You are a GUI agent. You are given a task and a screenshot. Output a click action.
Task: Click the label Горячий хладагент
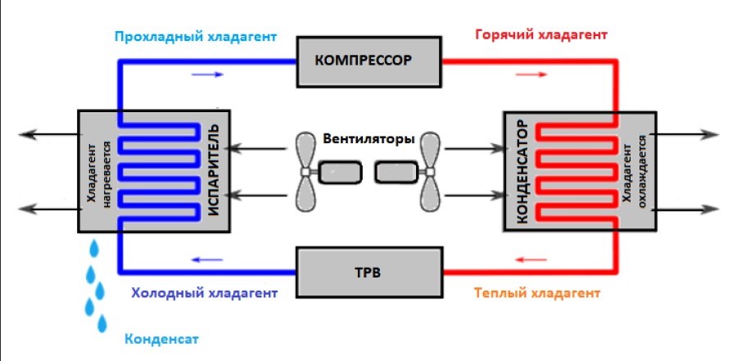[541, 36]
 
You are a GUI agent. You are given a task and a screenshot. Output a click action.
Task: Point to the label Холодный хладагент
[205, 292]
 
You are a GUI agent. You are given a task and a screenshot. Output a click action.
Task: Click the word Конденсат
[161, 338]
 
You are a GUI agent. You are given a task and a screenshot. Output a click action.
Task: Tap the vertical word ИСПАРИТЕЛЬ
[215, 171]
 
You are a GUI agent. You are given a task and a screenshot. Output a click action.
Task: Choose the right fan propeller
[432, 171]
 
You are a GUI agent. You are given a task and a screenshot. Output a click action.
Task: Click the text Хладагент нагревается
[97, 171]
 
